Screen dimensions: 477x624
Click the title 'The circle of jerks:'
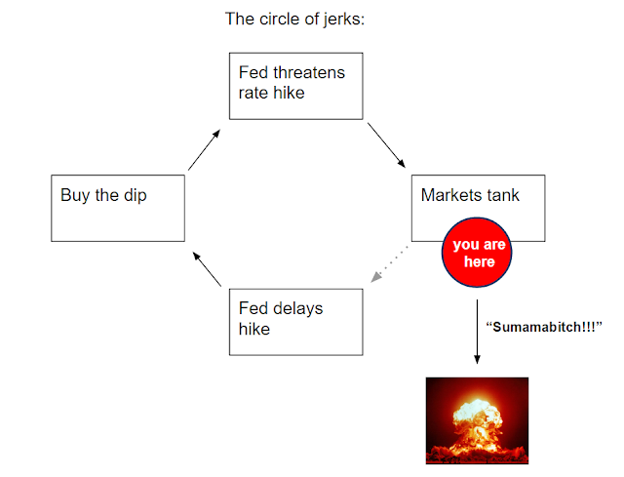pos(294,19)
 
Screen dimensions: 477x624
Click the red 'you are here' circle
pos(480,253)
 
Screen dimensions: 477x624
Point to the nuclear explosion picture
pos(477,419)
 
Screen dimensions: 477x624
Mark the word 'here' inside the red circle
pos(480,261)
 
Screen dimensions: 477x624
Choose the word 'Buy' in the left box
pos(75,195)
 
